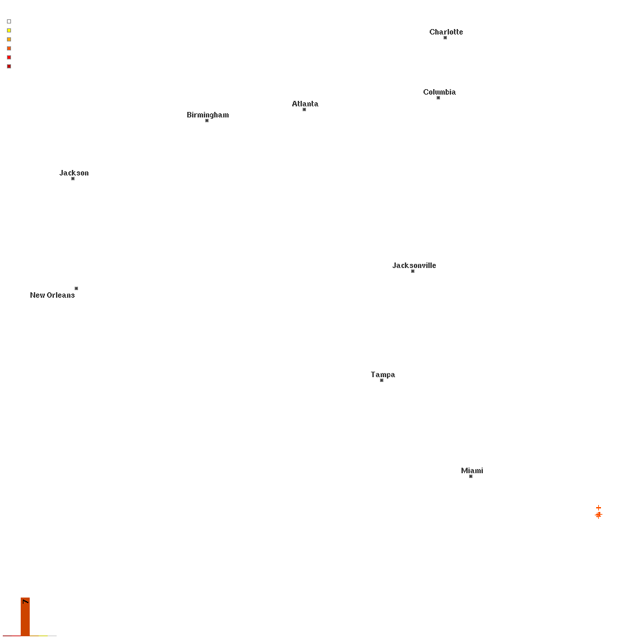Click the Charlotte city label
tap(446, 32)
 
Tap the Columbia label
tap(439, 92)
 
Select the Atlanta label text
tap(305, 104)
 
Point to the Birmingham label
tap(208, 115)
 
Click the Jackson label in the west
tap(74, 173)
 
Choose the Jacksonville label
tap(414, 265)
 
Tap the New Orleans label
tap(53, 295)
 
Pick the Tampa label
tap(383, 374)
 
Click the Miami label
tap(472, 470)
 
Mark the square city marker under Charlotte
tap(445, 38)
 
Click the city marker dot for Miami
tap(470, 477)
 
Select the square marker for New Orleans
tap(76, 289)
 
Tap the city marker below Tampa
tap(381, 381)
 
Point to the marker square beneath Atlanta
tap(304, 110)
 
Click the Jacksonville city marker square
tap(412, 271)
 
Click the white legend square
tap(9, 21)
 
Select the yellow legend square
tap(9, 30)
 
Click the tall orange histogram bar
tap(26, 617)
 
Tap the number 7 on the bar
tap(26, 602)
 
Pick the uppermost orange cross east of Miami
tap(598, 508)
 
